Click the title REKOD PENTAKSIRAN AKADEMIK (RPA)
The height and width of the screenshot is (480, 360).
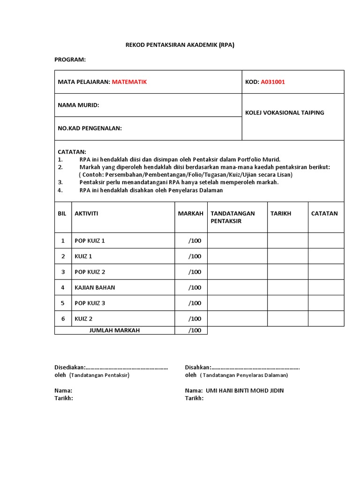[180, 45]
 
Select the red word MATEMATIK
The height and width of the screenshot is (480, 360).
[129, 82]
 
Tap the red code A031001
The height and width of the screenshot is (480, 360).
[273, 82]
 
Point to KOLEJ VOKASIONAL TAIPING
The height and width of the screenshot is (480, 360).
[285, 112]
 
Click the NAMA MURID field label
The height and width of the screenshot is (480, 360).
[78, 105]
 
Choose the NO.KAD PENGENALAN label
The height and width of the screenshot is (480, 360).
[90, 128]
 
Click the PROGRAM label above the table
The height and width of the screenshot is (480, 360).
[70, 60]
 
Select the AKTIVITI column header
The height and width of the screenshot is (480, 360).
[86, 213]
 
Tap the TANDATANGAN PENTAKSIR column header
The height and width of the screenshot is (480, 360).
[232, 217]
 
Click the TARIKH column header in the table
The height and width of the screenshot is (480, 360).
[281, 213]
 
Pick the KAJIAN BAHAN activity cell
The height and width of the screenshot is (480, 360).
[95, 287]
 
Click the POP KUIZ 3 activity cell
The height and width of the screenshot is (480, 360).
[90, 303]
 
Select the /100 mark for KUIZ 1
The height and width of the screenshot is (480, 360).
[195, 256]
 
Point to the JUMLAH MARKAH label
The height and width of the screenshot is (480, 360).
[114, 330]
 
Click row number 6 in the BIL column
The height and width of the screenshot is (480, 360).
[63, 319]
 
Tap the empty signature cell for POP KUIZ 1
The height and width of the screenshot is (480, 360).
[237, 240]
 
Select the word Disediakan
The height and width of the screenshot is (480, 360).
[69, 367]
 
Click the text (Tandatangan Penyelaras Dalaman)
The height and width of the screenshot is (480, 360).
[244, 375]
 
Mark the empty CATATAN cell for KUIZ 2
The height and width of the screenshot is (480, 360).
[326, 319]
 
